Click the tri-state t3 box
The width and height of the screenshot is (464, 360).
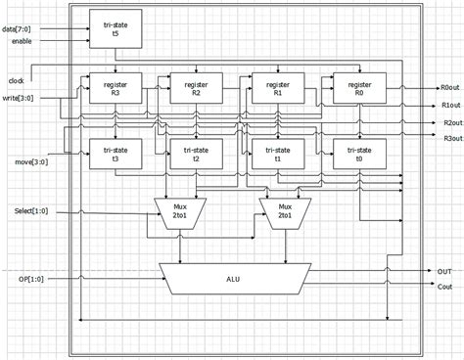pyautogui.click(x=115, y=154)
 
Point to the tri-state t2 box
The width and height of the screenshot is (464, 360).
pyautogui.click(x=196, y=154)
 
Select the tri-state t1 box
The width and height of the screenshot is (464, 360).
pyautogui.click(x=277, y=154)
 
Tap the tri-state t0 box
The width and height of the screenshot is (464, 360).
pyautogui.click(x=358, y=154)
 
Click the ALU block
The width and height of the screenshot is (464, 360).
pyautogui.click(x=236, y=279)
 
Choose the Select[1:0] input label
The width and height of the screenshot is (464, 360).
pyautogui.click(x=23, y=210)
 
